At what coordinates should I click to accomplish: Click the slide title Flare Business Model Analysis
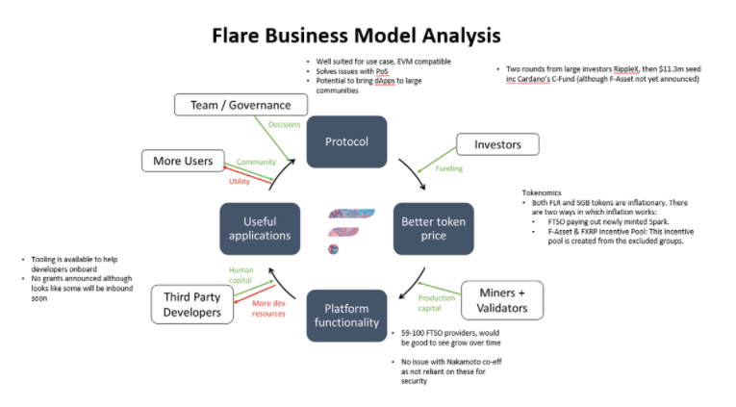[x=357, y=36]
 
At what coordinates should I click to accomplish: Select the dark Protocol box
[x=346, y=141]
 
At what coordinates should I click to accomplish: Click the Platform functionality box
[x=346, y=315]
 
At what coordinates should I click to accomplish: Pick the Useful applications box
[x=260, y=228]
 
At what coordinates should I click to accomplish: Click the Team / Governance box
[x=232, y=105]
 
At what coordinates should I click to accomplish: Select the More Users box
[x=182, y=161]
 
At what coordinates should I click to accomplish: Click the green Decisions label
[x=285, y=124]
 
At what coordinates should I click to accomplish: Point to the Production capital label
[x=435, y=303]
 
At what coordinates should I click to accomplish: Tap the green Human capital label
[x=241, y=276]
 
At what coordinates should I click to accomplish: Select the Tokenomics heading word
[x=541, y=192]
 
